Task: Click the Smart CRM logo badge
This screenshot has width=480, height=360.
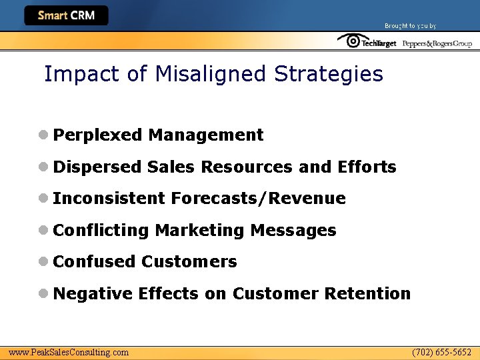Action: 66,15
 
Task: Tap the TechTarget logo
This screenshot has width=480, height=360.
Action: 367,42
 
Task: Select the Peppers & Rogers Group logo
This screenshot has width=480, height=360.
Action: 437,43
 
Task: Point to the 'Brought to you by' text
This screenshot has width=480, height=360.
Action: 410,26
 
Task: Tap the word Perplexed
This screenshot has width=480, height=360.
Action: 98,135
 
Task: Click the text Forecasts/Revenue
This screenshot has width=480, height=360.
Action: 258,199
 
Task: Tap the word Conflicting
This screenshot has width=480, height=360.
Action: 101,231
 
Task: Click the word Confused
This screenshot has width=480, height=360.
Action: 94,262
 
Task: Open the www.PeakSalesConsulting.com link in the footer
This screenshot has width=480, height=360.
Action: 69,352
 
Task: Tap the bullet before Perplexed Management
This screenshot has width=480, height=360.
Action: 43,135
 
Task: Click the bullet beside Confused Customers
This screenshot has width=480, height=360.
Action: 43,261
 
